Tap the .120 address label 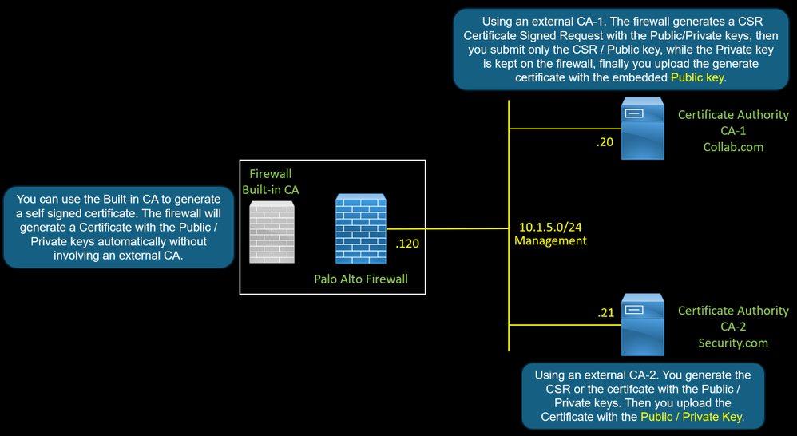(x=407, y=245)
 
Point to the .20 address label (x=605, y=143)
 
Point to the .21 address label (x=606, y=313)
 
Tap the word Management (x=550, y=240)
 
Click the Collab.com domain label (x=733, y=147)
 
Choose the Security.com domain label (x=733, y=343)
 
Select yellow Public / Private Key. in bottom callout (x=692, y=416)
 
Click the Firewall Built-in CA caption (x=271, y=180)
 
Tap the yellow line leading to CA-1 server (x=559, y=128)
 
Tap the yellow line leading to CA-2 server (x=559, y=325)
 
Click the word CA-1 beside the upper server (x=733, y=131)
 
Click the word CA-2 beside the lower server (x=733, y=327)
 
